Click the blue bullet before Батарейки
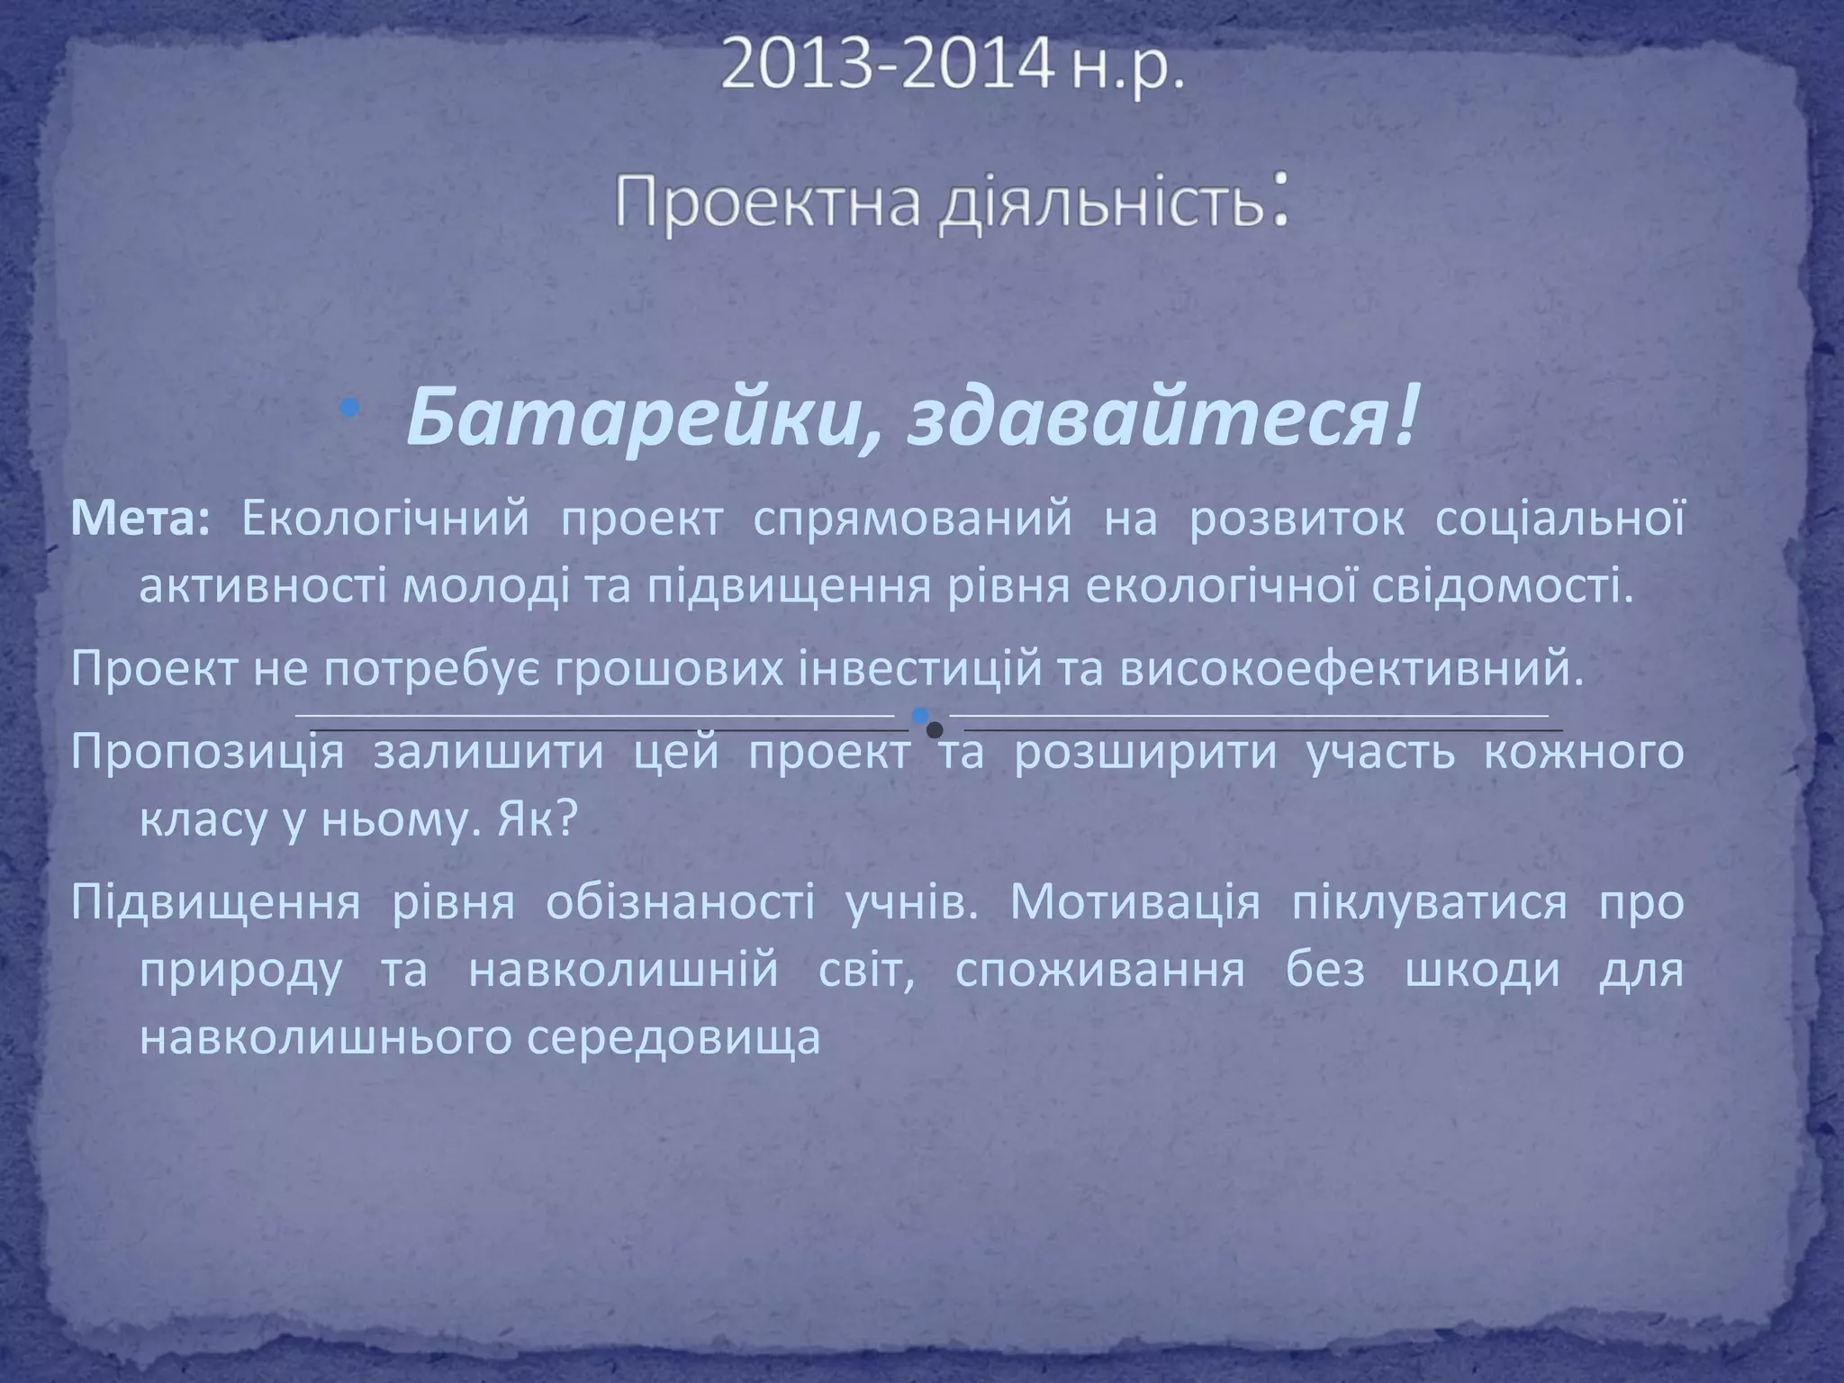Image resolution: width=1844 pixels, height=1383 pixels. (x=350, y=410)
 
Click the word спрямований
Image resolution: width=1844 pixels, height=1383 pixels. (x=912, y=520)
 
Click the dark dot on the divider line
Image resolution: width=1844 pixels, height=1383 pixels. (x=936, y=730)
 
